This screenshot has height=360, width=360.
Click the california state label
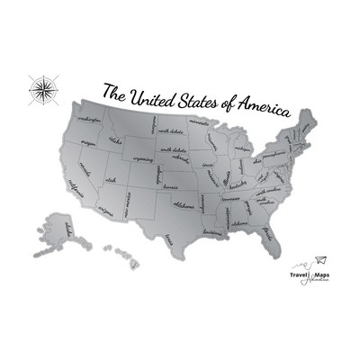(76, 188)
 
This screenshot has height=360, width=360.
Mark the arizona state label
(106, 213)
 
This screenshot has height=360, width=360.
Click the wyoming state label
(142, 160)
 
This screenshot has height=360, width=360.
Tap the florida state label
(268, 238)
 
